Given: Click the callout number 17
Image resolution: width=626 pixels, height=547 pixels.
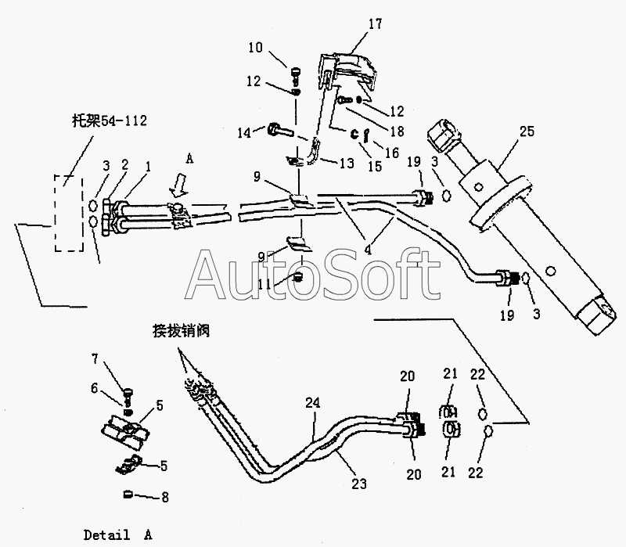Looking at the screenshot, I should click(x=375, y=23).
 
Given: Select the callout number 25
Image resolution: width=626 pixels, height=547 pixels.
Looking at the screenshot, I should click(x=527, y=131).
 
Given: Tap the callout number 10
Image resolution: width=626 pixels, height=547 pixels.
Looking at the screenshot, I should click(x=257, y=49).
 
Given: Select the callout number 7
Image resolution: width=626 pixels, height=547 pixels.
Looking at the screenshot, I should click(x=95, y=359).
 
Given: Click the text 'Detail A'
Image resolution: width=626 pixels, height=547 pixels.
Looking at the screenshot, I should click(x=118, y=535).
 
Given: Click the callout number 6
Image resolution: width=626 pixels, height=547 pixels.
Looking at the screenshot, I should click(x=94, y=387).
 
